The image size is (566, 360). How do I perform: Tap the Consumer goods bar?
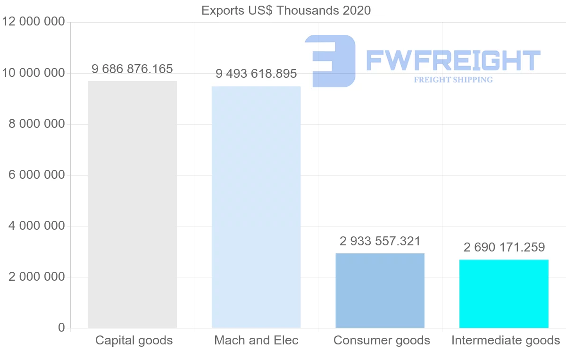(380, 290)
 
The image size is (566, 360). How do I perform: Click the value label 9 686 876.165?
(132, 69)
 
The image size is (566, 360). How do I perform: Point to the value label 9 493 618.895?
(256, 74)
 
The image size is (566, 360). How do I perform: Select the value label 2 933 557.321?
(380, 242)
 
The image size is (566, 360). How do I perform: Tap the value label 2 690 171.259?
(504, 247)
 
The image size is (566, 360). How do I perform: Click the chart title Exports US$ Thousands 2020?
(286, 10)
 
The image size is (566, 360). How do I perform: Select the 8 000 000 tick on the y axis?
(36, 124)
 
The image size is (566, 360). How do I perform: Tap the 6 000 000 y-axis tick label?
(36, 175)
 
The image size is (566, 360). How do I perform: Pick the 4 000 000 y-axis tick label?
(36, 226)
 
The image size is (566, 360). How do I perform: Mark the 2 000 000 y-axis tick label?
(36, 277)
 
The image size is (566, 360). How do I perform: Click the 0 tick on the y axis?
(61, 327)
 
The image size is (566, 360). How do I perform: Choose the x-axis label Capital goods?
(134, 340)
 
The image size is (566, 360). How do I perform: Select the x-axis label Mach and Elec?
(256, 340)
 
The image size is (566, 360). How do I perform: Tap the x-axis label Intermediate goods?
(506, 340)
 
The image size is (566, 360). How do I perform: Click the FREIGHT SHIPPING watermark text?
(453, 80)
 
